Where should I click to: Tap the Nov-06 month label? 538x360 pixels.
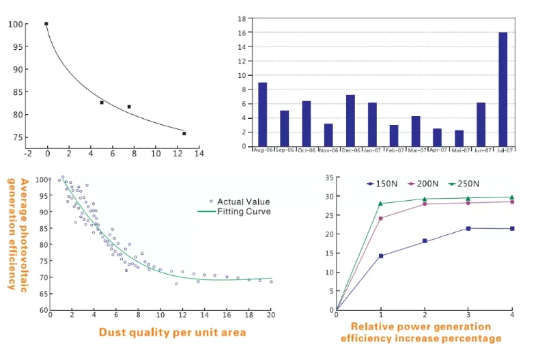click(328, 150)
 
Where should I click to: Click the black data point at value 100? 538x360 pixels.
click(46, 24)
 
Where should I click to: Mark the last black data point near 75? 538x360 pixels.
click(184, 133)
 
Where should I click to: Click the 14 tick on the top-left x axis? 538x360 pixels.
click(199, 154)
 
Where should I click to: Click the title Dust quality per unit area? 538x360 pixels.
click(172, 333)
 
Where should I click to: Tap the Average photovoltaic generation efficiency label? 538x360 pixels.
click(18, 234)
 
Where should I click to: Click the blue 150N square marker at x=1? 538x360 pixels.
click(380, 256)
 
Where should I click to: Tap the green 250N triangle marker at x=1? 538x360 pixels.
click(380, 203)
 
